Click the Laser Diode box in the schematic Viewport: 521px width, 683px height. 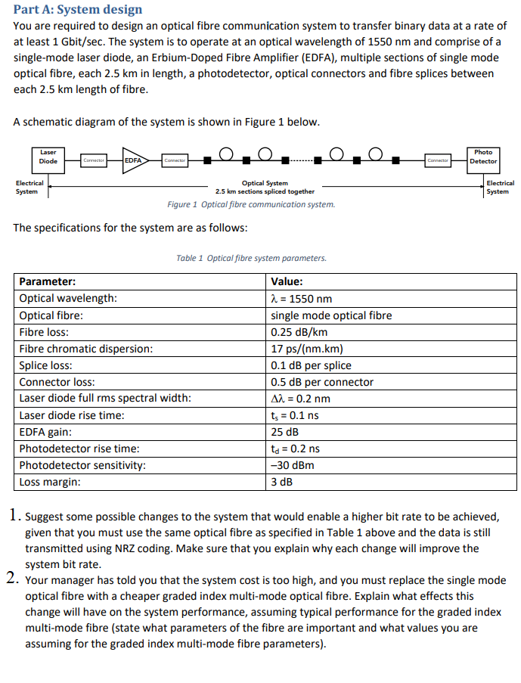pyautogui.click(x=48, y=157)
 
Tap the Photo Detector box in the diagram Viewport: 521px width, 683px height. pyautogui.click(x=483, y=157)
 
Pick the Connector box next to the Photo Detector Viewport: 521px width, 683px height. pyautogui.click(x=439, y=160)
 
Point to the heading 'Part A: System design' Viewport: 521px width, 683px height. pyautogui.click(x=78, y=10)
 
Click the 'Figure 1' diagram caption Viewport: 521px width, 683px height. pyautogui.click(x=250, y=204)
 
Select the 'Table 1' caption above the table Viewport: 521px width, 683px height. pyautogui.click(x=251, y=258)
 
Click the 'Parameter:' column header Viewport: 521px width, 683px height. pyautogui.click(x=47, y=281)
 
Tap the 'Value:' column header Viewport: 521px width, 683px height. pyautogui.click(x=287, y=281)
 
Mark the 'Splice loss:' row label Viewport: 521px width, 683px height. pyautogui.click(x=46, y=365)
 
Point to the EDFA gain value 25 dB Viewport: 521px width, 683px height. pyautogui.click(x=285, y=432)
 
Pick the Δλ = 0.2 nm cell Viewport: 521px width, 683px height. pyautogui.click(x=301, y=399)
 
